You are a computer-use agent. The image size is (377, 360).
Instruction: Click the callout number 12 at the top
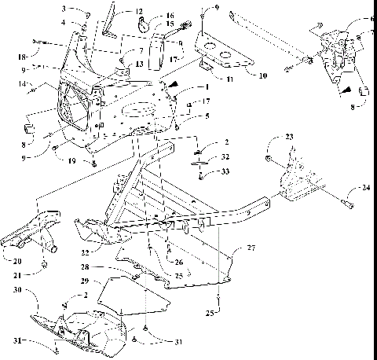click(139, 12)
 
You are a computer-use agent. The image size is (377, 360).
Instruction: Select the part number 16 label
click(170, 15)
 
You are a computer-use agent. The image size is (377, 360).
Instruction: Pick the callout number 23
click(290, 137)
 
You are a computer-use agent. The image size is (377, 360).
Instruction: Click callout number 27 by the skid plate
click(251, 248)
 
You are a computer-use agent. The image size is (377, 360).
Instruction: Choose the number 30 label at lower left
click(37, 290)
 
